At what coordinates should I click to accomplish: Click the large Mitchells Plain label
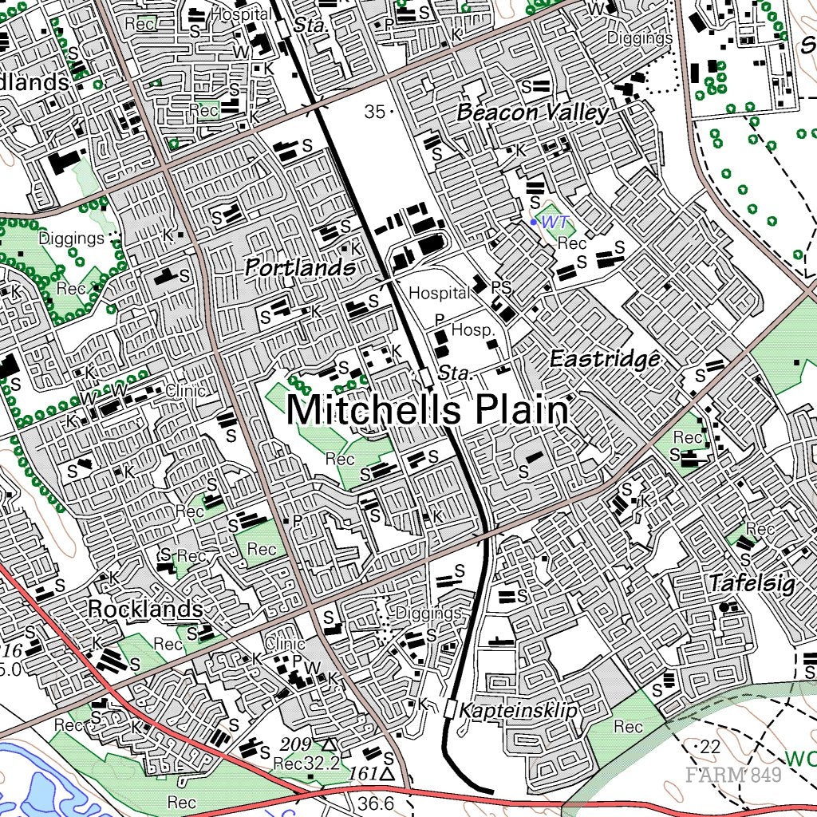[428, 411]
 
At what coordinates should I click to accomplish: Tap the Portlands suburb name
[300, 268]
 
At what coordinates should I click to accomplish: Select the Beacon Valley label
[533, 113]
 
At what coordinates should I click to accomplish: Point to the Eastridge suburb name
[606, 359]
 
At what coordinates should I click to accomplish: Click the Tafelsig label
[752, 584]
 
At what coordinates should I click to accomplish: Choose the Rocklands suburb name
[144, 609]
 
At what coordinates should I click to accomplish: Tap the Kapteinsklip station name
[518, 709]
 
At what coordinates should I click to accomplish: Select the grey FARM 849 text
[732, 774]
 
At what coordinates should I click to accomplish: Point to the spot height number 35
[374, 112]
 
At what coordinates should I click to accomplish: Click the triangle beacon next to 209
[328, 744]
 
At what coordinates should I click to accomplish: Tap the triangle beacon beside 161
[388, 774]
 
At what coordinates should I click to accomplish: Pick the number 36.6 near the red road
[377, 803]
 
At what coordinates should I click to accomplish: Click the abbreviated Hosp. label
[473, 330]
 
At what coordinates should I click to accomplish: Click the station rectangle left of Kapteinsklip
[452, 708]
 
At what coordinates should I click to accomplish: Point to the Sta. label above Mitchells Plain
[456, 373]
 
